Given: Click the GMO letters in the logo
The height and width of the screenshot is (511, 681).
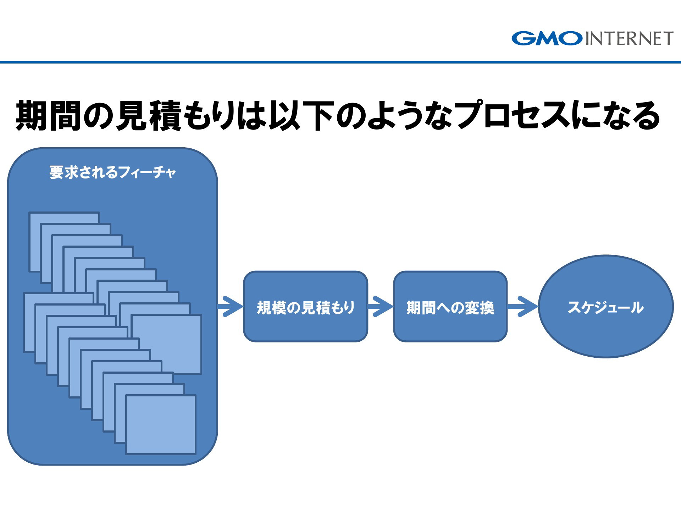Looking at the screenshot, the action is coord(547,38).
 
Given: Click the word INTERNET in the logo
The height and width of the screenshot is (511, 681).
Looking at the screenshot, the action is coord(629,39).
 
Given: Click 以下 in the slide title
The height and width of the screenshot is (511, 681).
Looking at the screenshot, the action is coord(302,116).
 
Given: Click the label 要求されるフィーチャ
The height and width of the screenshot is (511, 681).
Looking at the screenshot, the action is coord(113,172).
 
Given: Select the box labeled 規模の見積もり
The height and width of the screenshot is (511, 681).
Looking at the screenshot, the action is coord(305,307).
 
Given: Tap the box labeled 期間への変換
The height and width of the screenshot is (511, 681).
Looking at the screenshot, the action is coord(450,307).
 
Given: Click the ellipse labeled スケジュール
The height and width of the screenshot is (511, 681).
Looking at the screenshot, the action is coord(606,307).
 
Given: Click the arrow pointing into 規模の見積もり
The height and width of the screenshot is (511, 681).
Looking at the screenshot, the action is coord(231,306).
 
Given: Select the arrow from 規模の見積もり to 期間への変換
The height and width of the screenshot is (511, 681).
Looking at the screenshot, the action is coord(381,306).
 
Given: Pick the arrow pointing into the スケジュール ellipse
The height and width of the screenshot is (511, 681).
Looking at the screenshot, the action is coord(523,306).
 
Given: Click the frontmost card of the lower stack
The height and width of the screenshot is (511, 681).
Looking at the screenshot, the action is coord(161,424).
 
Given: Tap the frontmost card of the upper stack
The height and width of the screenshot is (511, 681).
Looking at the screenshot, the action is coord(166,344).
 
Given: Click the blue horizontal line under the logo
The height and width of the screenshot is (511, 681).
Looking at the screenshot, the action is coord(340,62).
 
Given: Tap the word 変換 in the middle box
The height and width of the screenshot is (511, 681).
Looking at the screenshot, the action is coord(480,308).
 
